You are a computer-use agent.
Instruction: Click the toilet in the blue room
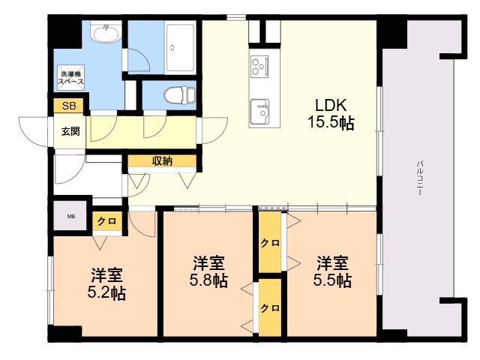pyautogui.click(x=178, y=95)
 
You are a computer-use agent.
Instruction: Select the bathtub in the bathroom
pyautogui.click(x=180, y=47)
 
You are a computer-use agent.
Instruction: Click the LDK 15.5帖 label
pyautogui.click(x=330, y=112)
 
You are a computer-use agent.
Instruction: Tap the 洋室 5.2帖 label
pyautogui.click(x=108, y=283)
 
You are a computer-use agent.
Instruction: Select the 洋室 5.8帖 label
pyautogui.click(x=209, y=271)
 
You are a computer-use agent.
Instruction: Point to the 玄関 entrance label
pyautogui.click(x=70, y=130)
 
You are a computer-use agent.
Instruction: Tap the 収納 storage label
pyautogui.click(x=162, y=160)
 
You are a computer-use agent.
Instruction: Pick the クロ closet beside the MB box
pyautogui.click(x=106, y=221)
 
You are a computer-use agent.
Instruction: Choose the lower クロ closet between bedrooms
pyautogui.click(x=270, y=307)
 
